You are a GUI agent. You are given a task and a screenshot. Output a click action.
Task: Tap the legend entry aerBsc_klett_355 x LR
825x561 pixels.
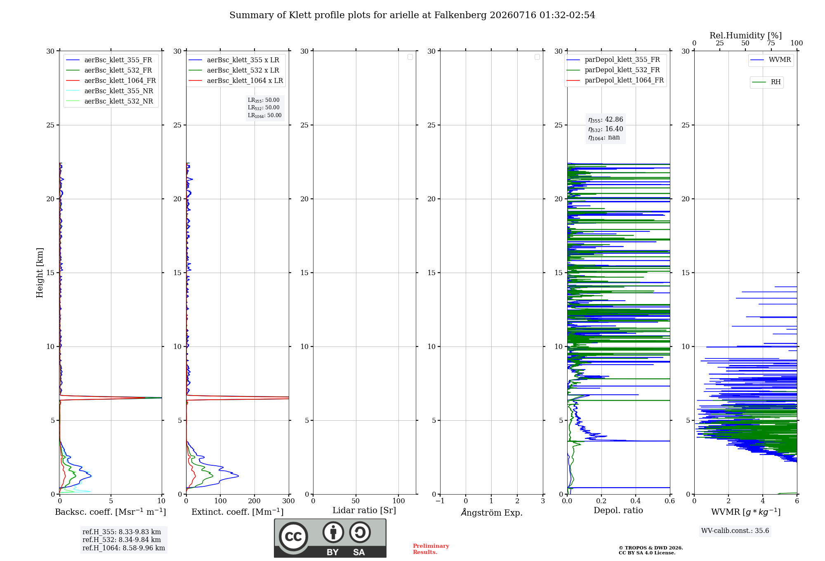[x=234, y=60]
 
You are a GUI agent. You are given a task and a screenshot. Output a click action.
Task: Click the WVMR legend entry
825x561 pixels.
[x=771, y=60]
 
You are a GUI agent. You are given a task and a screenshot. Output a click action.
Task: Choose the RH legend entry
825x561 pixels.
[x=766, y=82]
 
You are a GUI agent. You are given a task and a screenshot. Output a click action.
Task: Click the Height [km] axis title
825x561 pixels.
[x=40, y=273]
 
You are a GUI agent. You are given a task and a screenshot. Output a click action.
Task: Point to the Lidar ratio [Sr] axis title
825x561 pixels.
[x=364, y=510]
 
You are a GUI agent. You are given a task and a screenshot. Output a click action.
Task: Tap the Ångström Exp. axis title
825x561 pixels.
[x=492, y=512]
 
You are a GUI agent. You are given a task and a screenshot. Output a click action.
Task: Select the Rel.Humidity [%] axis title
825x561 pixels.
[x=745, y=35]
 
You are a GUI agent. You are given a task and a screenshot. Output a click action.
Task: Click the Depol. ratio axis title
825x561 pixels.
[x=618, y=510]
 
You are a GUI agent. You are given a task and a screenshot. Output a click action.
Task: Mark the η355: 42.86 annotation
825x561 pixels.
[x=606, y=120]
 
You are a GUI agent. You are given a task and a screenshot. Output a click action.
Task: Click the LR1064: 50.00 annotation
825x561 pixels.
[x=264, y=115]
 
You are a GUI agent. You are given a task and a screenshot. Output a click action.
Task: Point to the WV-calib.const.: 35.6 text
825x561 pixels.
[x=735, y=530]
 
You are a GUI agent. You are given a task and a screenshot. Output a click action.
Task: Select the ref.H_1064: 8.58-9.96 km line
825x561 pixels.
[x=124, y=548]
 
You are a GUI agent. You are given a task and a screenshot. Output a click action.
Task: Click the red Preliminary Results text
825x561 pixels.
[x=431, y=549]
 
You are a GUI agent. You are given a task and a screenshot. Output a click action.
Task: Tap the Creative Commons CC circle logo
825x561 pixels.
[x=293, y=536]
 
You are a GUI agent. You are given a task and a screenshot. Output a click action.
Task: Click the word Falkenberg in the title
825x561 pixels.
[x=460, y=15]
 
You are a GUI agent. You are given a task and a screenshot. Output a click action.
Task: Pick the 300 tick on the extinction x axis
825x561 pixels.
[x=289, y=501]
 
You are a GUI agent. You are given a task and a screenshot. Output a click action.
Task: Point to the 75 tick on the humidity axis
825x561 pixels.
[x=771, y=43]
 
